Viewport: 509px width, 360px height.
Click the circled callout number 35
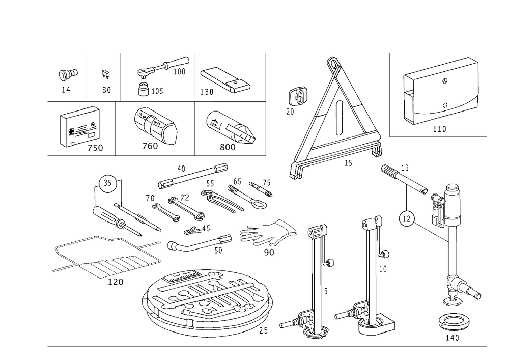[107, 183]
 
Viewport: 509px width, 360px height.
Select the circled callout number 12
[406, 219]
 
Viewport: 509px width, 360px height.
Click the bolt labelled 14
[68, 74]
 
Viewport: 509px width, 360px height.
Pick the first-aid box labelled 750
[79, 126]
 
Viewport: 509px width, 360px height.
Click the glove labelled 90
[268, 232]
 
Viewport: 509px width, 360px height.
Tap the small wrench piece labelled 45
[193, 230]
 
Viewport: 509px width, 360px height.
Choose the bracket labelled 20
[298, 96]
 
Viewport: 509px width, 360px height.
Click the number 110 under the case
[440, 129]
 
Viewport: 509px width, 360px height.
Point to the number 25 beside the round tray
[264, 330]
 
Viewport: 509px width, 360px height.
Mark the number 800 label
[228, 147]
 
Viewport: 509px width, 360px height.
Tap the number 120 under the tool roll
[116, 282]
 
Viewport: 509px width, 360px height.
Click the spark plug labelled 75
[261, 189]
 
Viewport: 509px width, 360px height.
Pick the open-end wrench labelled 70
[166, 213]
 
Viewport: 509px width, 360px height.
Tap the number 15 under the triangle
[348, 163]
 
